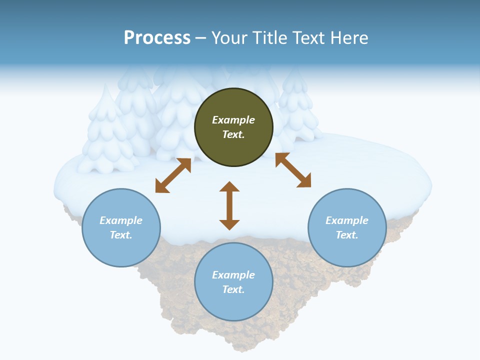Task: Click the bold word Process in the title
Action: [157, 38]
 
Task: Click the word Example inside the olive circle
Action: [233, 120]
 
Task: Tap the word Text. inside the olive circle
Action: [233, 134]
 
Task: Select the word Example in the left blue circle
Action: [121, 220]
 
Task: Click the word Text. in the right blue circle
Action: [347, 235]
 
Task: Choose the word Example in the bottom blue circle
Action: [233, 275]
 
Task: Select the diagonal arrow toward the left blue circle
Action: [173, 175]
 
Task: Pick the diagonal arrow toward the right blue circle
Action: [293, 170]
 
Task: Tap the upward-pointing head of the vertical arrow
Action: [229, 187]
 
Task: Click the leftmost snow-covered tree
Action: [106, 135]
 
